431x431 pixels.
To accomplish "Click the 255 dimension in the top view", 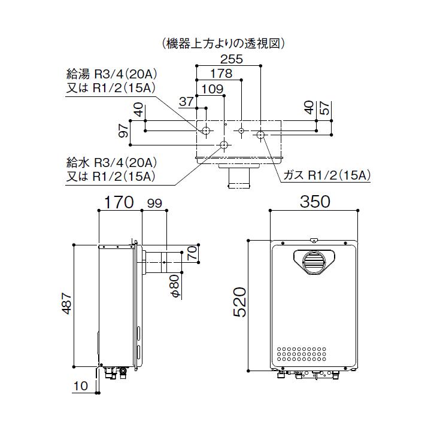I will [230, 60].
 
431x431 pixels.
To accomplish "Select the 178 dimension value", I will [221, 74].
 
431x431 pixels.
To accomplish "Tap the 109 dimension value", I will [213, 89].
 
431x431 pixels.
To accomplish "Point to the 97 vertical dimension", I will [123, 130].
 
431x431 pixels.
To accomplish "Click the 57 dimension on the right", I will [325, 108].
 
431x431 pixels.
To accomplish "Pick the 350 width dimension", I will [314, 202].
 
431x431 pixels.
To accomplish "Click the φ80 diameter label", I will [175, 286].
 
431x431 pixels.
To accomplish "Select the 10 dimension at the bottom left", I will [81, 387].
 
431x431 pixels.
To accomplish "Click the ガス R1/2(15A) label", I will [327, 175].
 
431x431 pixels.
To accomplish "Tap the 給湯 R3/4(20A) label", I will [111, 75].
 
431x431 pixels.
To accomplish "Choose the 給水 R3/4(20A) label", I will [111, 162].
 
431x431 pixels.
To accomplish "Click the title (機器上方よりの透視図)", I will [222, 43].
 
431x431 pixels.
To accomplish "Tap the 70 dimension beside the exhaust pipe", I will [191, 253].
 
